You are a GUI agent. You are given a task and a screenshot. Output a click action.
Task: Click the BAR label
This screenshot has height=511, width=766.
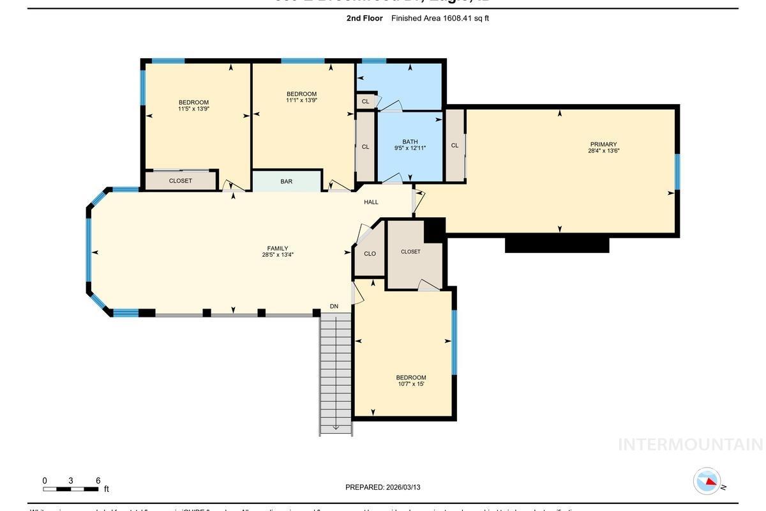click(286, 181)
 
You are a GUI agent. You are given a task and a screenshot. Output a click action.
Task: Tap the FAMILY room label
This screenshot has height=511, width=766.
click(278, 248)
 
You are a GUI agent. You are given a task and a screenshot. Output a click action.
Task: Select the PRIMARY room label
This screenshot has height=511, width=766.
click(603, 144)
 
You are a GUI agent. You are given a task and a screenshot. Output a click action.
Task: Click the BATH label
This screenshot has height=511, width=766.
click(410, 142)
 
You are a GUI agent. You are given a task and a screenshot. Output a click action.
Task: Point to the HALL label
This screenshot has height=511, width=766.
click(371, 202)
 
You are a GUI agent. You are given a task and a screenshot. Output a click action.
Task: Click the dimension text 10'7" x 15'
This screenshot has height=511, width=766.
click(410, 384)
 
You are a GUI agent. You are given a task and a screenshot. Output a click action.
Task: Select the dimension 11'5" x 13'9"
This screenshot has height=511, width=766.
click(193, 109)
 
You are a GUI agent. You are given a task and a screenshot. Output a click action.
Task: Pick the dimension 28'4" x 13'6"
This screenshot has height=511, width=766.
click(603, 151)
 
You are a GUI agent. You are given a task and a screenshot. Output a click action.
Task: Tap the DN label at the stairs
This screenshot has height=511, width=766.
click(334, 307)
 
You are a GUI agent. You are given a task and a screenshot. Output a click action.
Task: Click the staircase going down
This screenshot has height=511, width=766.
click(336, 374)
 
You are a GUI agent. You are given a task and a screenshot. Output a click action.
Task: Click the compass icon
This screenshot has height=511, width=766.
click(707, 481)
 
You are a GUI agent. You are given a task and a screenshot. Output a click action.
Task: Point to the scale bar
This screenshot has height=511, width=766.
click(71, 489)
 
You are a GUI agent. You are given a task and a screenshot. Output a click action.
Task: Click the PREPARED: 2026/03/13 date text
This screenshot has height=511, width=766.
click(382, 487)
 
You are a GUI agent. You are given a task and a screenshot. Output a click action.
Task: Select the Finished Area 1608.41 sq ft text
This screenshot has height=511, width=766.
click(440, 19)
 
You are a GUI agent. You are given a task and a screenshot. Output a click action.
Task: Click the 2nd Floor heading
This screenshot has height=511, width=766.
click(364, 19)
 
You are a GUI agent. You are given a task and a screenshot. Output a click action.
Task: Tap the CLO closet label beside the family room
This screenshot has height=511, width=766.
click(370, 254)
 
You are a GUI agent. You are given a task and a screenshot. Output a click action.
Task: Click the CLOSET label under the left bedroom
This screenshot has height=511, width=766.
click(181, 181)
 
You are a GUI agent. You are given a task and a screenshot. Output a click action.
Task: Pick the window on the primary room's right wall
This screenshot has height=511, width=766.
click(677, 172)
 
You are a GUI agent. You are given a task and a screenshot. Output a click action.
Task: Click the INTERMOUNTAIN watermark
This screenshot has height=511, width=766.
click(690, 445)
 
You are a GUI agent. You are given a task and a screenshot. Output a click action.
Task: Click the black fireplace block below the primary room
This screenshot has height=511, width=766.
click(557, 245)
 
